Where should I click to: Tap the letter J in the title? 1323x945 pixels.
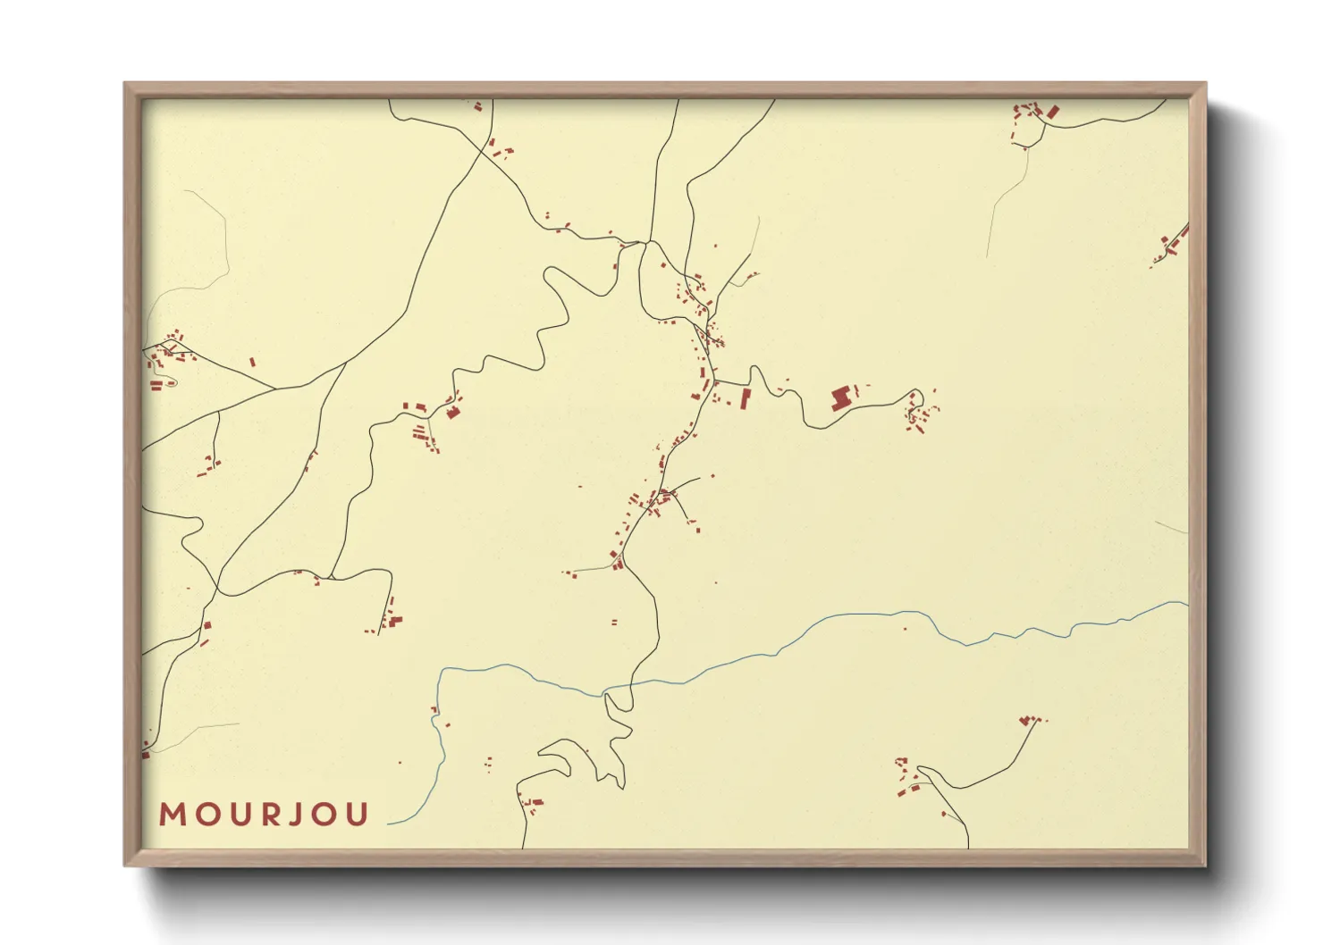click(x=297, y=815)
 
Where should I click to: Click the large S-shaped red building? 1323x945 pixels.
click(x=839, y=398)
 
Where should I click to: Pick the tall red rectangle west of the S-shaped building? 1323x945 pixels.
click(x=746, y=398)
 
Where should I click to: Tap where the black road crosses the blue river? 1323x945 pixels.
click(x=631, y=685)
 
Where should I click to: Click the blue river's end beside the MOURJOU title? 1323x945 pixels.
click(x=390, y=823)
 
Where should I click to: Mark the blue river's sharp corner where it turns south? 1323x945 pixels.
click(x=442, y=670)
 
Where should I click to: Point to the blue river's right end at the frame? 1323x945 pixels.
click(x=1186, y=603)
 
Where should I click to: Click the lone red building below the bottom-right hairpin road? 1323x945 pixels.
click(x=944, y=814)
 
